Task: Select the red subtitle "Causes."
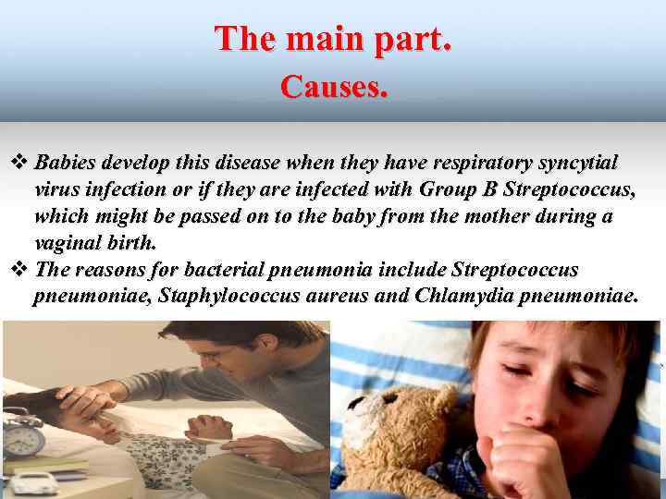(x=334, y=87)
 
